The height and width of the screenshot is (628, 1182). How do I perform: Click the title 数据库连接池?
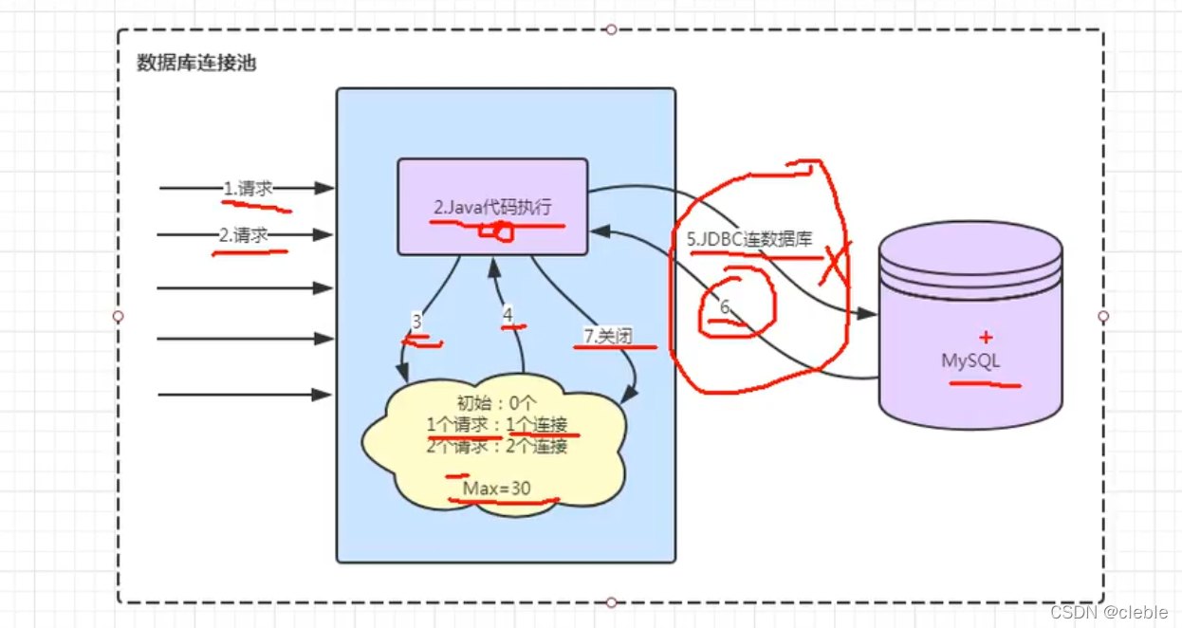[196, 64]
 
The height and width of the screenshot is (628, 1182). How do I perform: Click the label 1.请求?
[248, 188]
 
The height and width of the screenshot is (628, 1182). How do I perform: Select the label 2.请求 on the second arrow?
[242, 235]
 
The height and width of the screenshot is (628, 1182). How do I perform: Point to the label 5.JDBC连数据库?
[750, 239]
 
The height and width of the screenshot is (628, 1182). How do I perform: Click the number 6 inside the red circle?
[725, 307]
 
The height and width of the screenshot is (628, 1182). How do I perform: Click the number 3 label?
[416, 322]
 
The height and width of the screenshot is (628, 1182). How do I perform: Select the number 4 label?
[508, 313]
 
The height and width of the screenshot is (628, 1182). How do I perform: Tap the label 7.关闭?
[608, 335]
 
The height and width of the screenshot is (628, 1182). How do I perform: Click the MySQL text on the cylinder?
[970, 360]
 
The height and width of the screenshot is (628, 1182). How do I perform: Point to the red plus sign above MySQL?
[986, 337]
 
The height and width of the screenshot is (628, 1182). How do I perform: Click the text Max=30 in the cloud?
[497, 488]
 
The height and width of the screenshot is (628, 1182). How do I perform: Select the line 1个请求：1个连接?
[497, 425]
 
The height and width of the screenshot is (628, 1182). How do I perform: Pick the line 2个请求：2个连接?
[497, 446]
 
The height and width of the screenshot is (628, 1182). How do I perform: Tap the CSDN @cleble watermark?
[1109, 612]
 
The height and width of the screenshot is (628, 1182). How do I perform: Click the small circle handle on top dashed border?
[611, 29]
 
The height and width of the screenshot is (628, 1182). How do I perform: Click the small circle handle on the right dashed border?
[1103, 316]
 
